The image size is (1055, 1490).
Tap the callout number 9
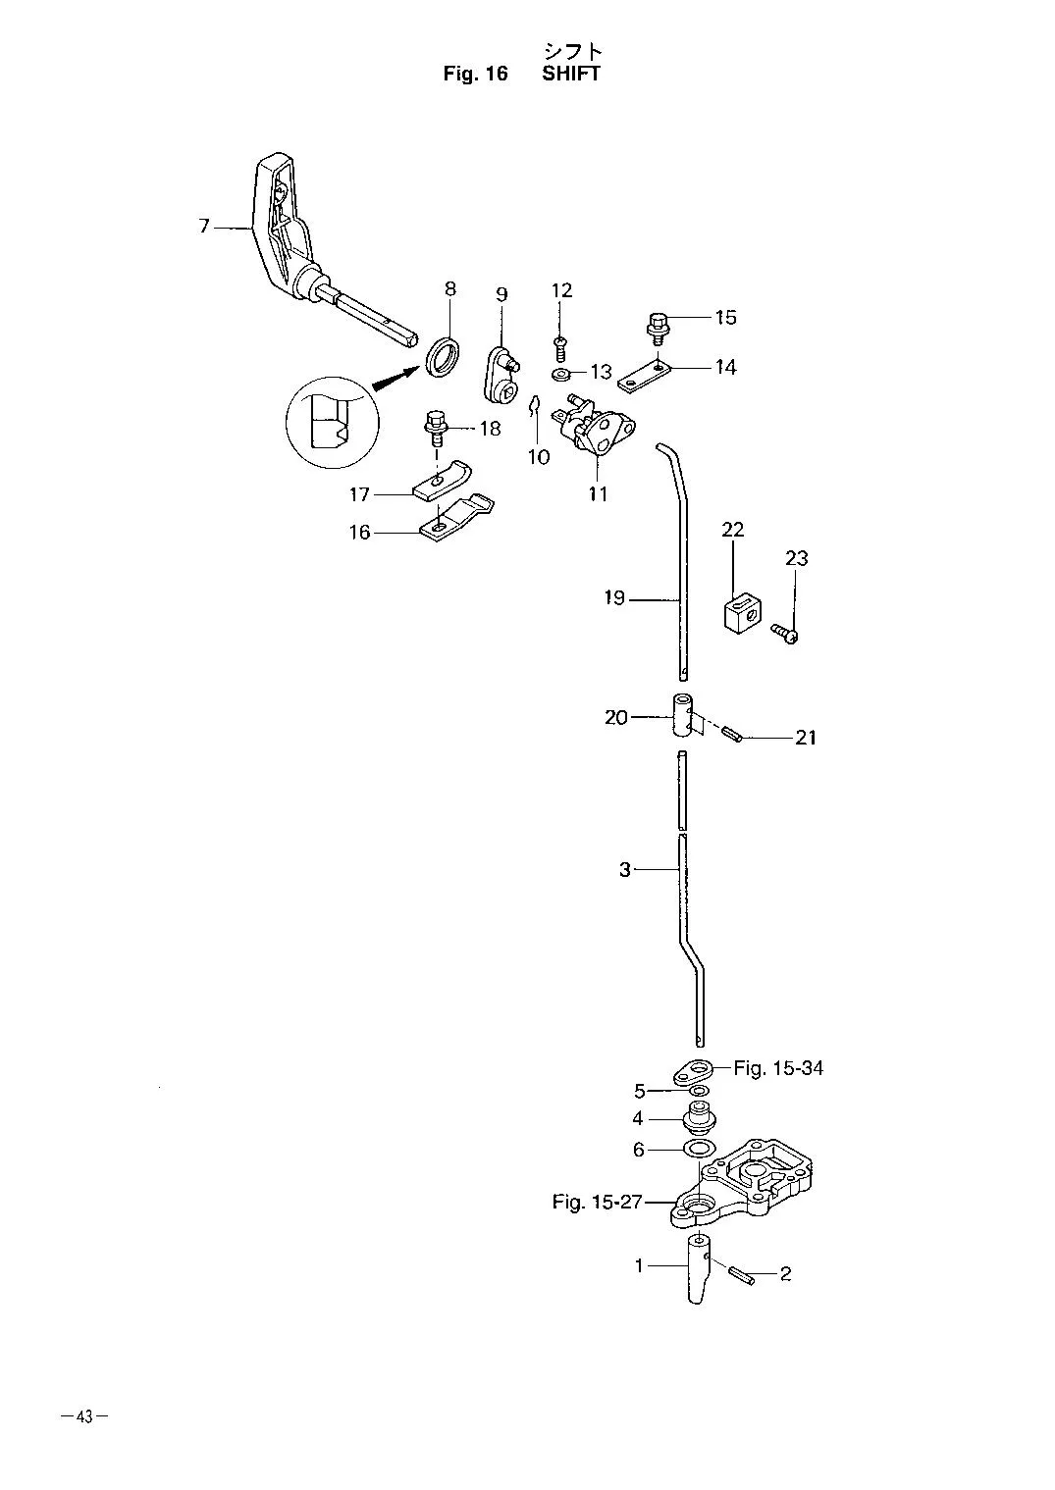501,294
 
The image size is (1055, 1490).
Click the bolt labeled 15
658,328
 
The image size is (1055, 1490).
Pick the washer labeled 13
560,374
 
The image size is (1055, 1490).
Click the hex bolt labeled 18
435,429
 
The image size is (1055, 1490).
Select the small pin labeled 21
731,736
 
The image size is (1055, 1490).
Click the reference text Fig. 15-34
778,1069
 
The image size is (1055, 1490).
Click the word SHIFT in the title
571,74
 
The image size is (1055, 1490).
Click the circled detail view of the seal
332,423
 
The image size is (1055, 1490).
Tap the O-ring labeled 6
700,1148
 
